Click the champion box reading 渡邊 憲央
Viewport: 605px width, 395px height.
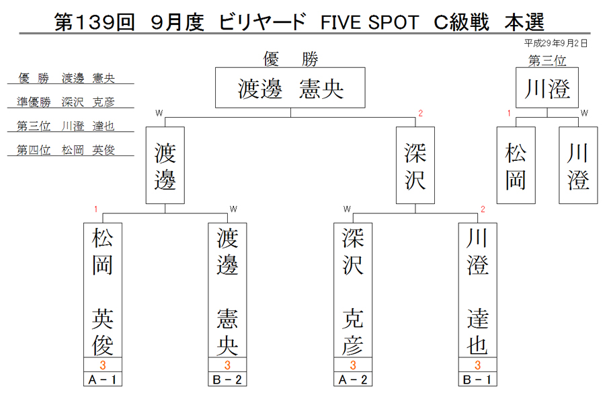coord(290,87)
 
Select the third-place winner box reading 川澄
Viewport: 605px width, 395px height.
coord(547,87)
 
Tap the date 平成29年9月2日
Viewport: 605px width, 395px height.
coord(556,43)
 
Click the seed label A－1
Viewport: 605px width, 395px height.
coord(103,380)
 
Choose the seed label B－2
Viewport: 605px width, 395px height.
coord(227,380)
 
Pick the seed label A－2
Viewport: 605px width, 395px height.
coord(353,380)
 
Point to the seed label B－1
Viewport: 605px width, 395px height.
coord(478,380)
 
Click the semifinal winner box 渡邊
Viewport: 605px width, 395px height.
coord(165,166)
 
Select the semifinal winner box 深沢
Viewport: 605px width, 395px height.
coord(415,166)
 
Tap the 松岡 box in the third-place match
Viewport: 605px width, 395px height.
coord(516,166)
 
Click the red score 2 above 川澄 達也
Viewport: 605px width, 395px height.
coord(483,209)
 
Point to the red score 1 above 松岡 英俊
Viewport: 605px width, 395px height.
coord(95,209)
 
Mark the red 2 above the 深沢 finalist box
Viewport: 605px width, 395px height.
coord(421,113)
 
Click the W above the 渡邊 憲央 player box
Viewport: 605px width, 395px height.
coord(233,209)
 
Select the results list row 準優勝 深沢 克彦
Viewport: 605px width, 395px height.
coord(66,102)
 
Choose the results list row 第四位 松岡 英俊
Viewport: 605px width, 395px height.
coord(66,150)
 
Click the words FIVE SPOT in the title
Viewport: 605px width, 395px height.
coord(370,22)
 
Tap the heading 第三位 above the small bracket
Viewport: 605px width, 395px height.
coord(547,61)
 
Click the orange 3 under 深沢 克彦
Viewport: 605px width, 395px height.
coord(353,365)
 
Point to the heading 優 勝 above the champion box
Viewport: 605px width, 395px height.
coord(290,59)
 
